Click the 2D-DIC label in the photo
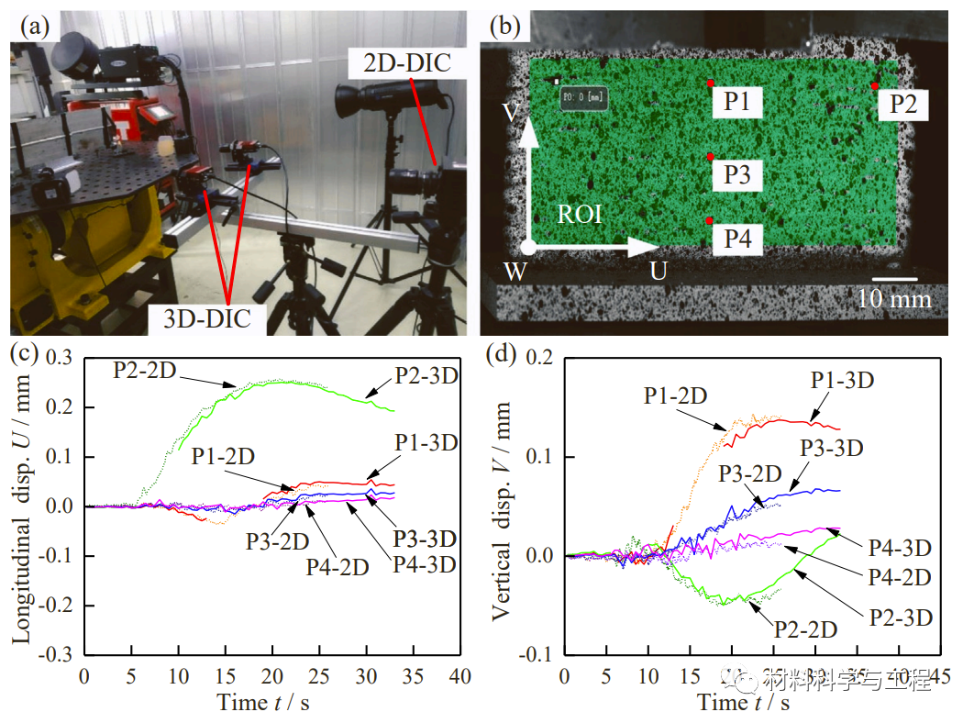click(404, 65)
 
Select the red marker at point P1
click(711, 83)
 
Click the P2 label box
click(902, 104)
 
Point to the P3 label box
click(736, 174)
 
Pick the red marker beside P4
click(711, 221)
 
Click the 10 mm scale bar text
click(894, 299)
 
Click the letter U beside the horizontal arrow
click(658, 271)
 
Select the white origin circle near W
click(528, 247)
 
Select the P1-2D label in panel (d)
click(675, 395)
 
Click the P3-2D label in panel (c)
click(276, 540)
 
